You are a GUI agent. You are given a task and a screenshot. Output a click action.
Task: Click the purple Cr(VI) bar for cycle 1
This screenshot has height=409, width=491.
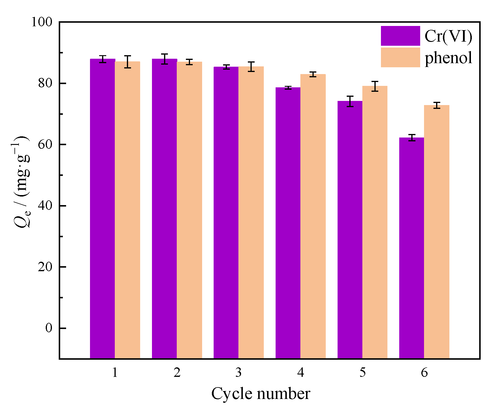pos(102,207)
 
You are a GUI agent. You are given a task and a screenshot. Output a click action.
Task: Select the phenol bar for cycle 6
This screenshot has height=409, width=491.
pos(436,230)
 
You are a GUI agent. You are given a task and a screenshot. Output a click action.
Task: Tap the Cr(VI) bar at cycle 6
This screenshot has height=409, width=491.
pos(412,248)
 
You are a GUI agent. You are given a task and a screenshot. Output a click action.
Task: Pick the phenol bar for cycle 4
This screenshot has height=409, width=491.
pos(313,215)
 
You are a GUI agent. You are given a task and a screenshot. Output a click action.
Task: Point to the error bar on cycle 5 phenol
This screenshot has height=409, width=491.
pos(375,86)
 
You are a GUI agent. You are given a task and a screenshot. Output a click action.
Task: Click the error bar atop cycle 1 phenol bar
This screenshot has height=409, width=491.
pos(127,62)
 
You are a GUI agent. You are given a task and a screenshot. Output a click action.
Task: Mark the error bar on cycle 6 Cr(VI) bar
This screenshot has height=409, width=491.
pos(412,138)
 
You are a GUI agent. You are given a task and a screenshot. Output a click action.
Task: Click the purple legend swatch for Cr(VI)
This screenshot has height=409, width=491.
pos(400,36)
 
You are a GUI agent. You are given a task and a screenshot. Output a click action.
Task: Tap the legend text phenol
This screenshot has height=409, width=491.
pos(448,58)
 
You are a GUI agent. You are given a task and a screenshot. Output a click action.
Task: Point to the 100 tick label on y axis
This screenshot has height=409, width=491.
pos(42,22)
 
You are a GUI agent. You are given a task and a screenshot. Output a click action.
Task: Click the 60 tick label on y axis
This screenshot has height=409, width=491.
pos(45,144)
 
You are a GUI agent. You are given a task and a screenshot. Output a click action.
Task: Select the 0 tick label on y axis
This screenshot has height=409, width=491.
pos(49,328)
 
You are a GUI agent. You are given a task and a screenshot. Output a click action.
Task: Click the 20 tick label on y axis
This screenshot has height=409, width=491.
pos(45,267)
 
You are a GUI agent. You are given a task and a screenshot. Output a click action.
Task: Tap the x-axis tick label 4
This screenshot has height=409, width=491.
pos(300,373)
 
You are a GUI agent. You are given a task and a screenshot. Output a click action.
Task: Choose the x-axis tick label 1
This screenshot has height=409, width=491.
pos(115,373)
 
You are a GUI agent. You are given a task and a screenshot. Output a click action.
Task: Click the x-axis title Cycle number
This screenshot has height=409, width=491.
pos(261,394)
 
